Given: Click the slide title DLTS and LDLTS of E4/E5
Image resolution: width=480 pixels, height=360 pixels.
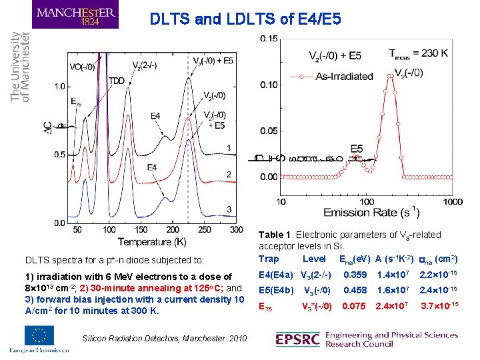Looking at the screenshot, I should pyautogui.click(x=245, y=19).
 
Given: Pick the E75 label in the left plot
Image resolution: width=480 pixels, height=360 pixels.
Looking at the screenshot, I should pyautogui.click(x=76, y=102).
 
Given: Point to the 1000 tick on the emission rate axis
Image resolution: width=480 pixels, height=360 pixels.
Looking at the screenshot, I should pyautogui.click(x=452, y=201).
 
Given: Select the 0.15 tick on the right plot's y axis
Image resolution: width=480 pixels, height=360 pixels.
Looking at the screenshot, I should pyautogui.click(x=269, y=38).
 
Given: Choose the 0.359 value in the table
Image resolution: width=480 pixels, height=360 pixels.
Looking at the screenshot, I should pyautogui.click(x=355, y=275).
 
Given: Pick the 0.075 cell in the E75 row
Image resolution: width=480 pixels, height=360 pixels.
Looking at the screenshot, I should pyautogui.click(x=355, y=307).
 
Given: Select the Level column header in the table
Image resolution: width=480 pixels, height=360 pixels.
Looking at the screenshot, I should pyautogui.click(x=314, y=259).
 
